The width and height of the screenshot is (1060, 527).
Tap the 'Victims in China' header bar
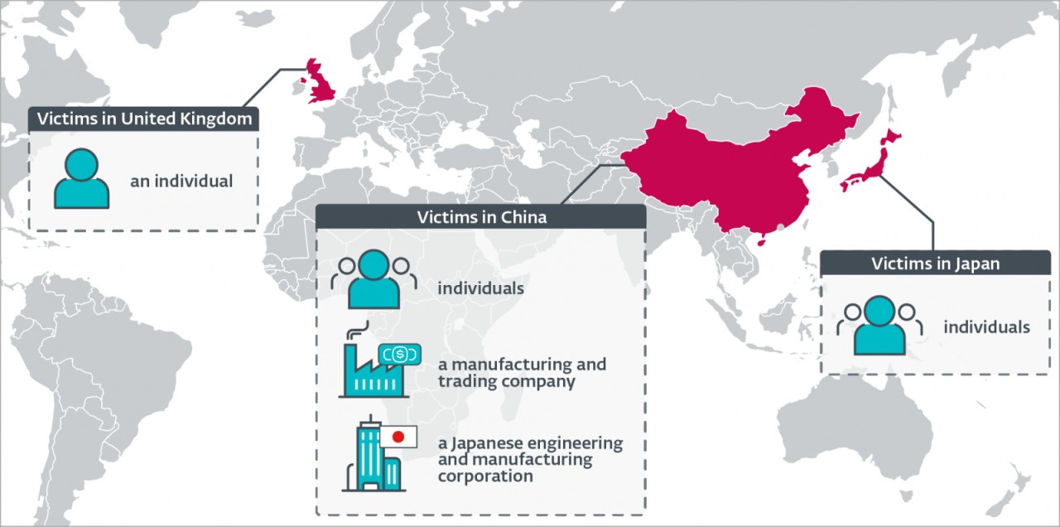coord(480,217)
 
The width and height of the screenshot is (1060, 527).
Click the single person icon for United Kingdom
coord(81,179)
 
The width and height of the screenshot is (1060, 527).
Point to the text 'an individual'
coord(181,180)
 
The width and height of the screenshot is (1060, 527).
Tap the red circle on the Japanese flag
coord(398,437)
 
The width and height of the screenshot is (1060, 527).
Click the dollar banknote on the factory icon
coord(399,354)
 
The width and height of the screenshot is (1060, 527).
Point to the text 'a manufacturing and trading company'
coord(522,373)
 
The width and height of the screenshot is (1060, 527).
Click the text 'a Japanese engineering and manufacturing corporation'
coord(530,459)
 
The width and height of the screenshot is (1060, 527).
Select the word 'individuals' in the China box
coord(480,289)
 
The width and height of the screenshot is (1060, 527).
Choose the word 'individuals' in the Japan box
coord(986,326)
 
